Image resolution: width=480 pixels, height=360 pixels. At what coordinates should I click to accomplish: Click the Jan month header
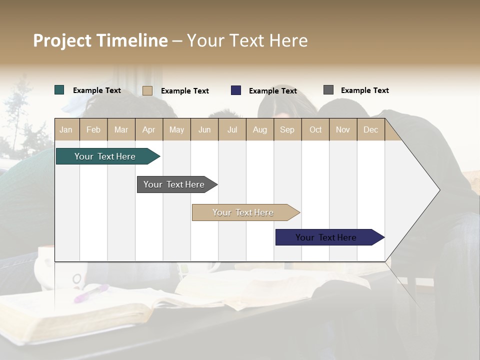[66, 129]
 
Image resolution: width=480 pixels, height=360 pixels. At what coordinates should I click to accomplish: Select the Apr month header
[148, 129]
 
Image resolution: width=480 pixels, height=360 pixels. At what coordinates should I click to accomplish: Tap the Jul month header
[232, 129]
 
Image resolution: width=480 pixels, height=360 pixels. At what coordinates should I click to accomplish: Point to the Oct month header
[315, 129]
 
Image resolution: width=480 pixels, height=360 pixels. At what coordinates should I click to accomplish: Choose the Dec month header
[370, 129]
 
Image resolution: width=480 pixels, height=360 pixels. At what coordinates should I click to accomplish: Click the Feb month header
[93, 129]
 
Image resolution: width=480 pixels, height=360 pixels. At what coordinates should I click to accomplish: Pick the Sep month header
[287, 129]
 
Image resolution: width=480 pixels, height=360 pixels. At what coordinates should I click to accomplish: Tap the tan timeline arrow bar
[243, 212]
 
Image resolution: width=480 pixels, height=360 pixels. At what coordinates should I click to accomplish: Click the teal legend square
[59, 90]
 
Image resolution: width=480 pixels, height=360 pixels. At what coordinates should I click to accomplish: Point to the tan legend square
[147, 90]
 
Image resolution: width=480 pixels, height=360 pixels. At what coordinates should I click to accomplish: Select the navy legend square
[236, 90]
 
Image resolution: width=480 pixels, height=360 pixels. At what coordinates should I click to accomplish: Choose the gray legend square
[328, 90]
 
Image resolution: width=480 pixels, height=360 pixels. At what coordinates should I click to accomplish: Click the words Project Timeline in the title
[100, 40]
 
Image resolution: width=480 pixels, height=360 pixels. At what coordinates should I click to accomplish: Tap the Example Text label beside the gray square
[364, 90]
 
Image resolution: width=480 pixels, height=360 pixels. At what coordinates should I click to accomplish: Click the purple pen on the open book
[91, 293]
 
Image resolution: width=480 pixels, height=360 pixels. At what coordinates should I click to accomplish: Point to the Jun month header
[204, 129]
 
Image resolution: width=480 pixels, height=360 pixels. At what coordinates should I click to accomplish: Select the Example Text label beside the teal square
[97, 90]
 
